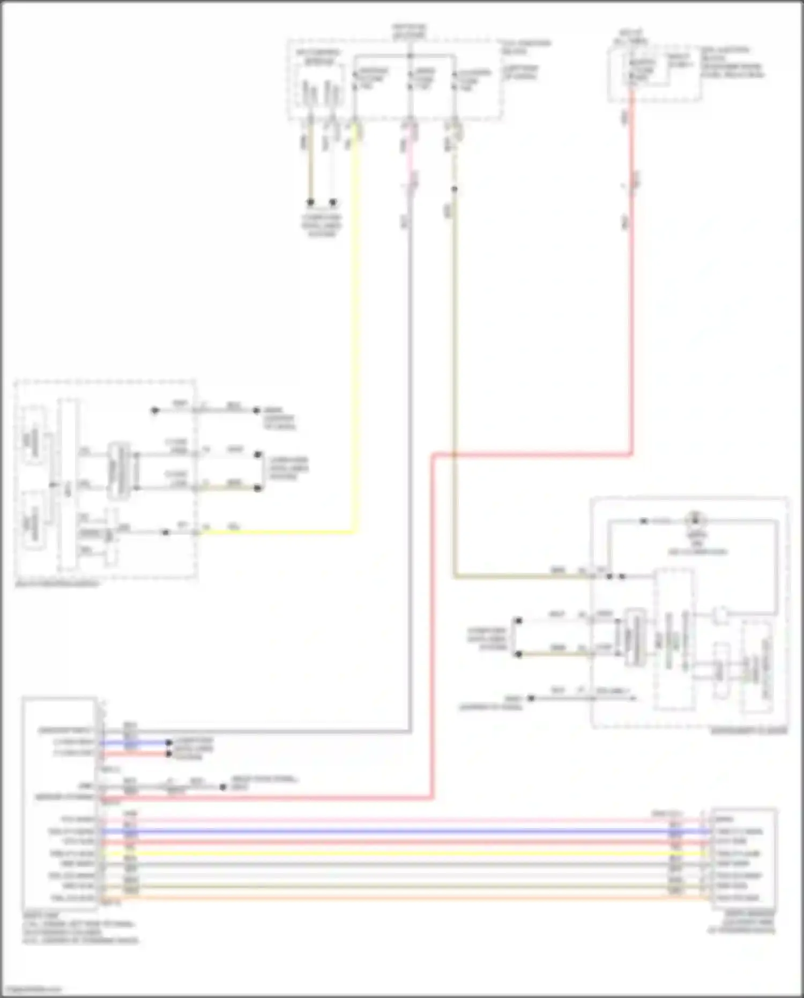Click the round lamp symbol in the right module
click(x=696, y=520)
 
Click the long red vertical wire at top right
click(x=632, y=322)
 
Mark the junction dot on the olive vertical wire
click(x=454, y=189)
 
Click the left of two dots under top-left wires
click(x=310, y=202)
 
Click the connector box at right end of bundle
click(x=743, y=858)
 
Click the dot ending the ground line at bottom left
click(x=222, y=787)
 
